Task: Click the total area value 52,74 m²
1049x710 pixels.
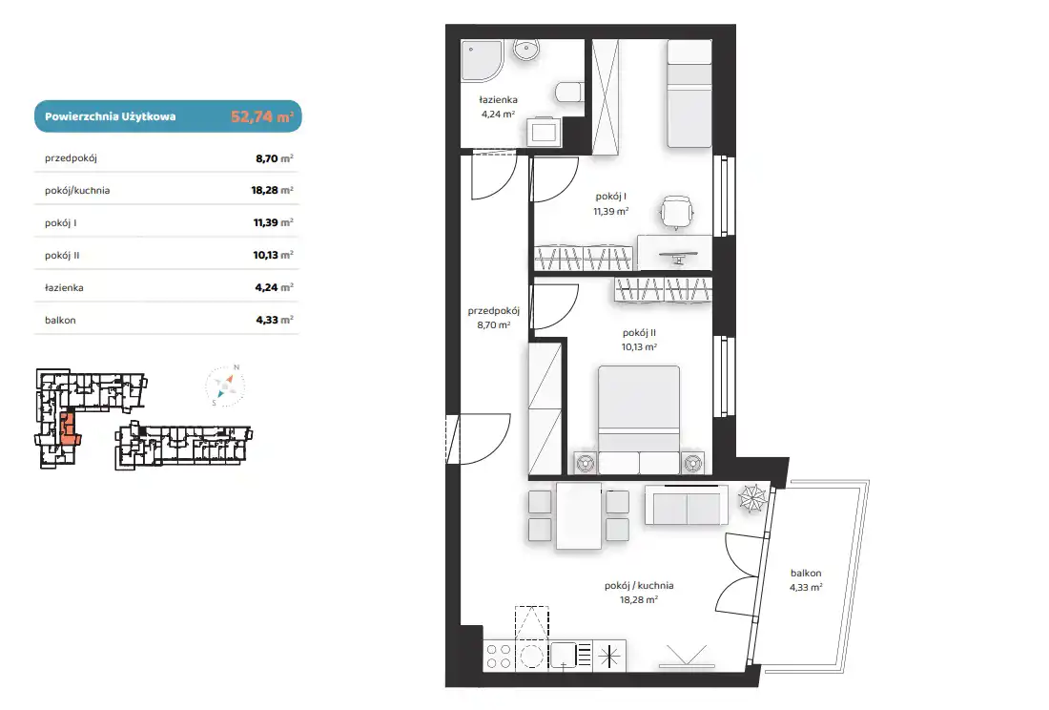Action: point(262,116)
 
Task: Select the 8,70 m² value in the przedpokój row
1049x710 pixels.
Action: point(275,158)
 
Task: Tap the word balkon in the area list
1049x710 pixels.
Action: point(60,320)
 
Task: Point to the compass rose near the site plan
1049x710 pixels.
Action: point(225,386)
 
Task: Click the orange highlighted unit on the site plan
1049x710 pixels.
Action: point(69,428)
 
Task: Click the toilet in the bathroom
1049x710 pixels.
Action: point(568,93)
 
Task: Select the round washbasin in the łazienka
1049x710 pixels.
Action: point(526,50)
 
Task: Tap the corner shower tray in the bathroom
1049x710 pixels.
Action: point(481,59)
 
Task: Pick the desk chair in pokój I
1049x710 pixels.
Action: point(676,213)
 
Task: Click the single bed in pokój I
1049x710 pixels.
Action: point(689,94)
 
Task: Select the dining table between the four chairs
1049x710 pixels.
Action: point(579,516)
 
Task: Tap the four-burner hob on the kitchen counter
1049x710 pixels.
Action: point(499,657)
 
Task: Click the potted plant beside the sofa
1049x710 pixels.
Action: point(752,498)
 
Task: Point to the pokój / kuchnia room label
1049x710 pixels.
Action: point(639,586)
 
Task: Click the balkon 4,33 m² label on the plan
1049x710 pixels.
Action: point(806,580)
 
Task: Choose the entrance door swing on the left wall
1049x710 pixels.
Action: point(480,439)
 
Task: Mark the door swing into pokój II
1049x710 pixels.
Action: point(554,307)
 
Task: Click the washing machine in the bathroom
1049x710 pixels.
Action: point(544,132)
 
